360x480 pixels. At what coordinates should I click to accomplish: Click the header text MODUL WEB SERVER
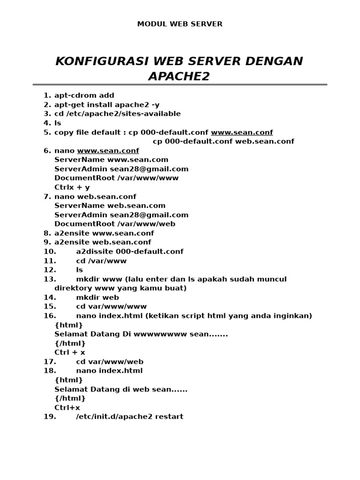point(180,24)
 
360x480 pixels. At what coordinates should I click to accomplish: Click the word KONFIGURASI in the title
point(94,61)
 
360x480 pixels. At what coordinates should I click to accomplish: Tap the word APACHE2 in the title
point(179,76)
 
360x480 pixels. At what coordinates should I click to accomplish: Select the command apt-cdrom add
point(84,96)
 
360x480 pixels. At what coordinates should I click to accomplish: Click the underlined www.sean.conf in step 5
point(241,132)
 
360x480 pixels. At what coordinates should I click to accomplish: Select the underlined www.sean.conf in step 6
point(108,150)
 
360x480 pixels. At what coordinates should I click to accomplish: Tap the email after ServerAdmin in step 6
point(149,169)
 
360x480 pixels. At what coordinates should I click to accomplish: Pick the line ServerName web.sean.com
point(110,206)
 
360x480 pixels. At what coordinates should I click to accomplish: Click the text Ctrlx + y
point(72,187)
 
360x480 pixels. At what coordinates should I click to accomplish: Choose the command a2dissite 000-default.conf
point(129,252)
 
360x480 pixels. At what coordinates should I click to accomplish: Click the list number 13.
point(50,279)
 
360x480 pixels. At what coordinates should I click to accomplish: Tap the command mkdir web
point(97,298)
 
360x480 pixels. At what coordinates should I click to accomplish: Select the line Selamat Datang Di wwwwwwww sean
point(141,334)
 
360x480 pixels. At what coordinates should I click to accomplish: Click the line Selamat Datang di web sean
point(120,390)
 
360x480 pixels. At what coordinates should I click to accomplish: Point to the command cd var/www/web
point(109,362)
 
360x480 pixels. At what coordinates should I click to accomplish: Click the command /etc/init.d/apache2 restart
point(129,417)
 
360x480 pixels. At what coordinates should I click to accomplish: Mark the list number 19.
point(50,417)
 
